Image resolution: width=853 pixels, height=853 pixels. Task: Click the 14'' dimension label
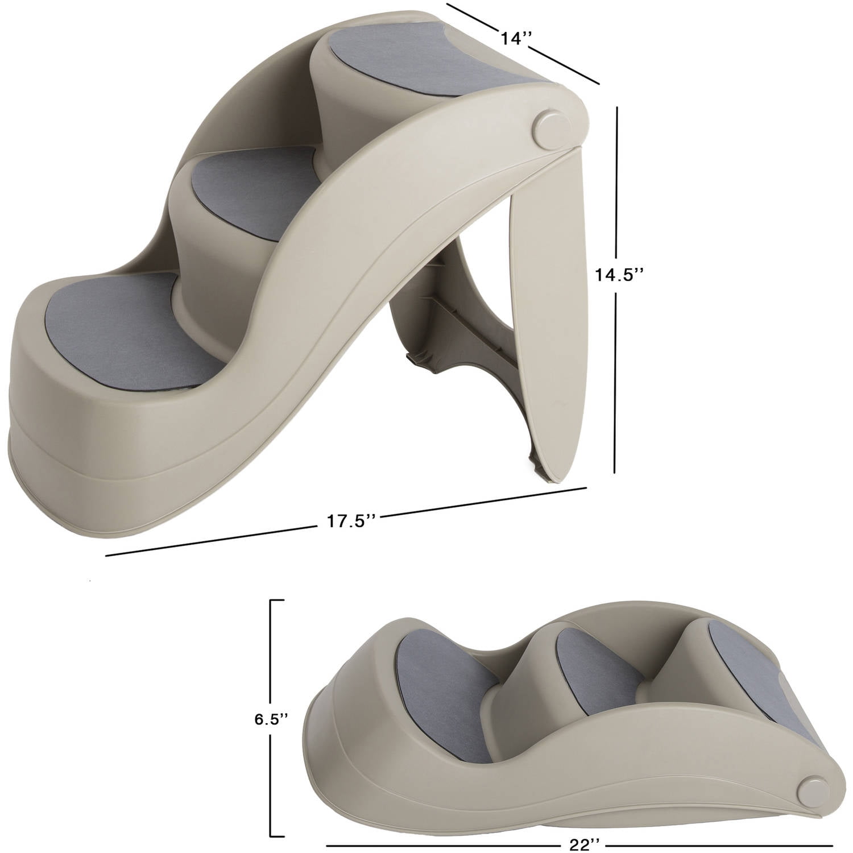pyautogui.click(x=516, y=39)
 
